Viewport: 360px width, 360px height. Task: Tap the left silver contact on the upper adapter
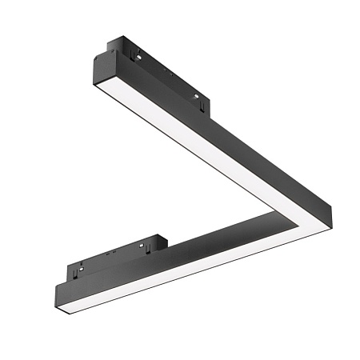tap(139, 57)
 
